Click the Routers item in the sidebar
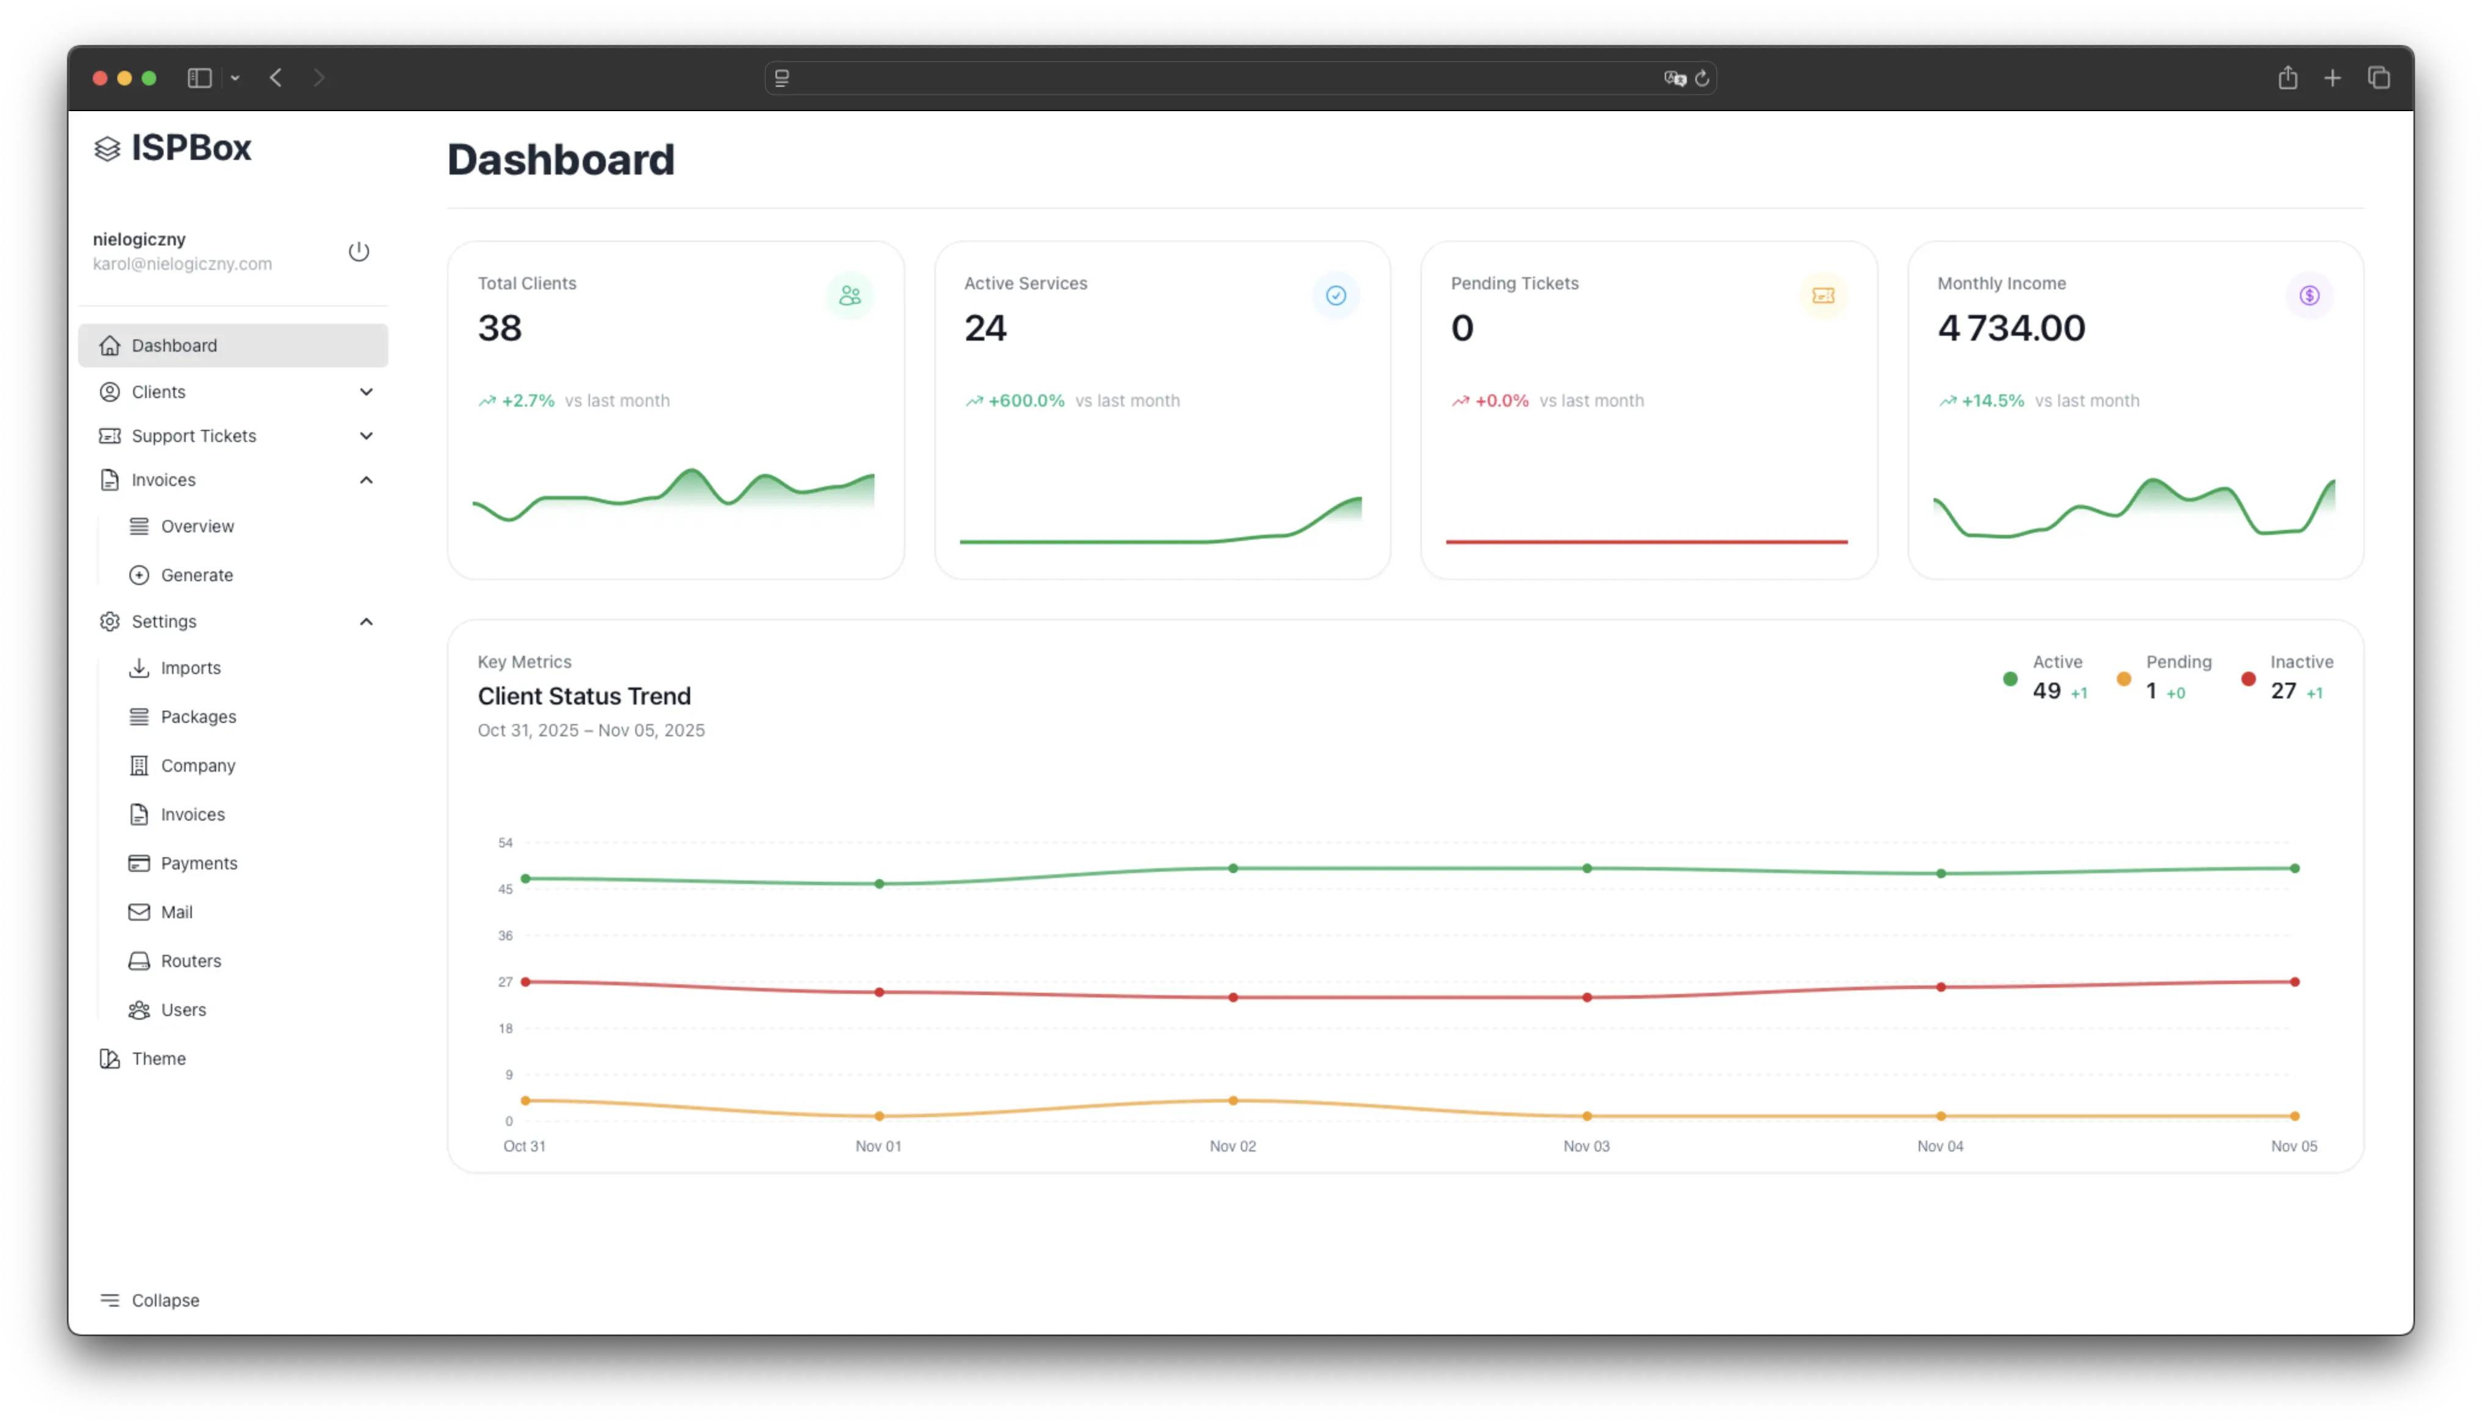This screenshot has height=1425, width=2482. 190,960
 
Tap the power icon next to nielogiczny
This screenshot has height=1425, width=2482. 358,252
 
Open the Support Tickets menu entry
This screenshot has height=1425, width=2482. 194,435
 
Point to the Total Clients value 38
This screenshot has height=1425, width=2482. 499,328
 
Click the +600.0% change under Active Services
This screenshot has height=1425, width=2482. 1025,401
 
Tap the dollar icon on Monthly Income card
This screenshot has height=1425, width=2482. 2309,296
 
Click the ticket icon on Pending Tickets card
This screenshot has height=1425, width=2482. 1822,296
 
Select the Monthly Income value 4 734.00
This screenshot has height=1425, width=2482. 2011,328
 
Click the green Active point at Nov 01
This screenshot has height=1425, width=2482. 879,884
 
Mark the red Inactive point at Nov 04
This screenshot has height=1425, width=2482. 1941,987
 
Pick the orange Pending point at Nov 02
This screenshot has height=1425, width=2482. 1233,1100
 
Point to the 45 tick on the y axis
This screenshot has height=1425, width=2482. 505,889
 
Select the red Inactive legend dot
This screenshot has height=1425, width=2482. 2248,678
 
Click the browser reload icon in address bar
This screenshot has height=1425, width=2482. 1702,78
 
